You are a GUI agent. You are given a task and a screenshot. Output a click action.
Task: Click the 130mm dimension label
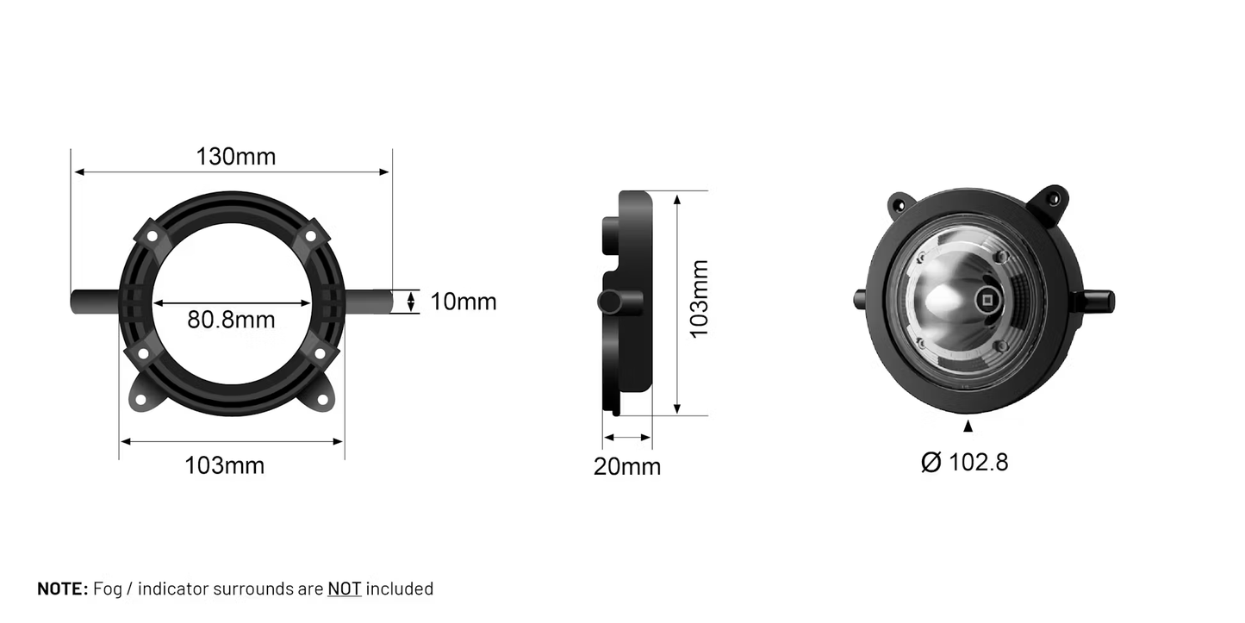tap(235, 157)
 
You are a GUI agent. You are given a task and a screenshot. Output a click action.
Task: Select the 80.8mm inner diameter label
tap(231, 320)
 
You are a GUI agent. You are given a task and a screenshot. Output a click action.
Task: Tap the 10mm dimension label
tap(464, 302)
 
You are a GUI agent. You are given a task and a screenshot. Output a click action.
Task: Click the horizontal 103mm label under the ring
tap(224, 466)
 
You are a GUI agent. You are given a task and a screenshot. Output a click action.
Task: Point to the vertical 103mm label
tap(699, 298)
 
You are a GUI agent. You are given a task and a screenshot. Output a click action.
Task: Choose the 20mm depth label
tap(626, 467)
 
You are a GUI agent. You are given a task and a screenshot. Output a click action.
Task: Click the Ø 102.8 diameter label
tap(964, 463)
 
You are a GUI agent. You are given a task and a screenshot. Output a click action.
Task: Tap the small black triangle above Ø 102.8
tap(968, 426)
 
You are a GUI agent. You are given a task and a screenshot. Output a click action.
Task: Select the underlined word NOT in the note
tap(344, 589)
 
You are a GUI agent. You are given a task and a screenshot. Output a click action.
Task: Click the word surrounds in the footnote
tap(255, 589)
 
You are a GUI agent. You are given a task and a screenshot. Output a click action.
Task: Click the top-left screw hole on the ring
tap(152, 235)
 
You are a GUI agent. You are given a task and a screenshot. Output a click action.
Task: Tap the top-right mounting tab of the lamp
tap(1052, 201)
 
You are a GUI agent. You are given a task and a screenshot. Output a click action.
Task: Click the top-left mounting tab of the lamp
tap(900, 204)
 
